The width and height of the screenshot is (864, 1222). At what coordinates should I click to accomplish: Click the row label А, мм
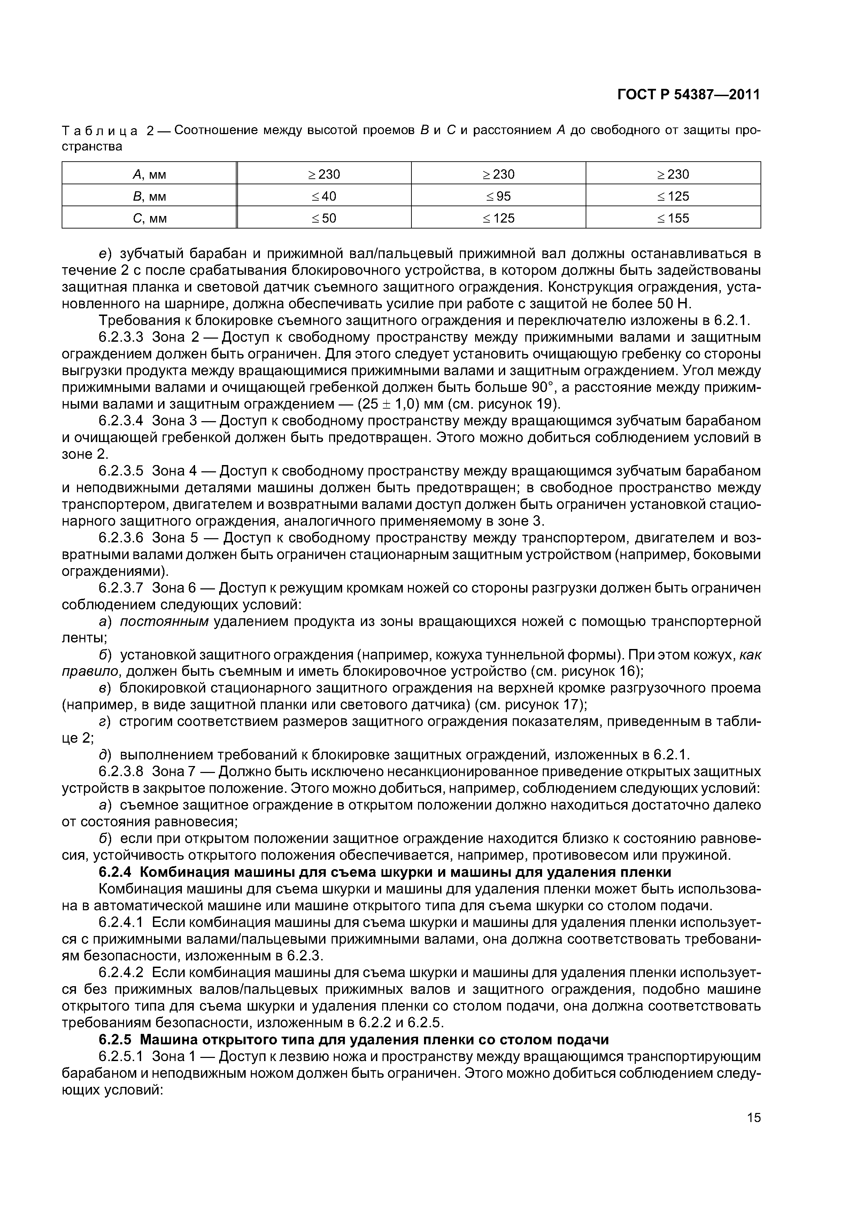149,175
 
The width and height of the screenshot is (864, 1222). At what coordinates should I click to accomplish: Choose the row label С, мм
149,218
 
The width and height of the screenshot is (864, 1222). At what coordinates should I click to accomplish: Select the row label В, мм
149,196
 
